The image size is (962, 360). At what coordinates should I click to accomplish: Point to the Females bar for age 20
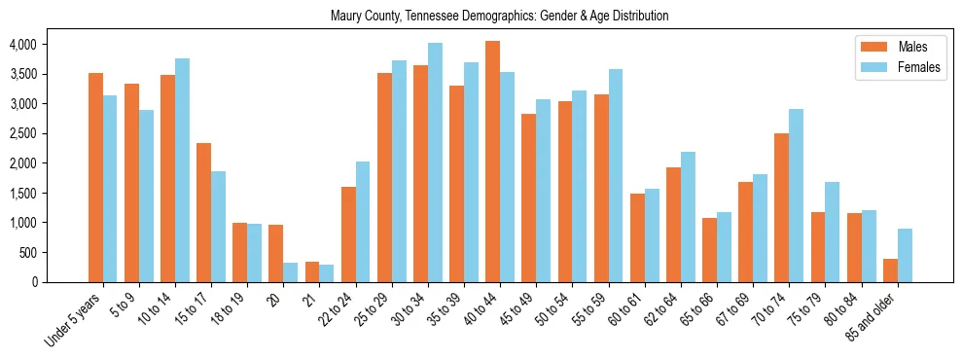pyautogui.click(x=291, y=272)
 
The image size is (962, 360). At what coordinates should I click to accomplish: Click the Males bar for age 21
pyautogui.click(x=312, y=271)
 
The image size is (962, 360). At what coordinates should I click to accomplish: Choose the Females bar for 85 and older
pyautogui.click(x=905, y=256)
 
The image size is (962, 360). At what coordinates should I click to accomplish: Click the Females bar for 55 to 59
pyautogui.click(x=616, y=175)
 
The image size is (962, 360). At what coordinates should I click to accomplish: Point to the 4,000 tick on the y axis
pyautogui.click(x=22, y=44)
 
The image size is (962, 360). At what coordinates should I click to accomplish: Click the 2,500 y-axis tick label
pyautogui.click(x=22, y=133)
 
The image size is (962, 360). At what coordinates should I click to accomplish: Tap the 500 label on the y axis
pyautogui.click(x=27, y=253)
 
